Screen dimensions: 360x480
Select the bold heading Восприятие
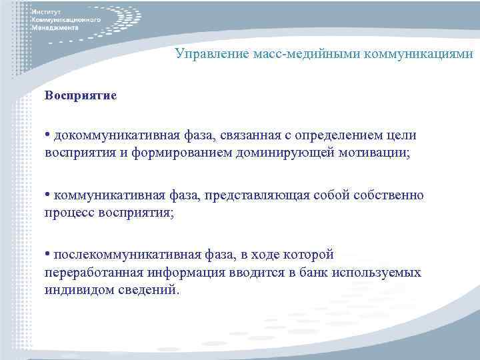81,95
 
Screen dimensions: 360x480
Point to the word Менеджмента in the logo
59,29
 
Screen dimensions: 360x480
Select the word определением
327,136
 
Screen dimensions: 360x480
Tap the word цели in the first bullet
403,136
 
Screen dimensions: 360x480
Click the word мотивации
375,153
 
